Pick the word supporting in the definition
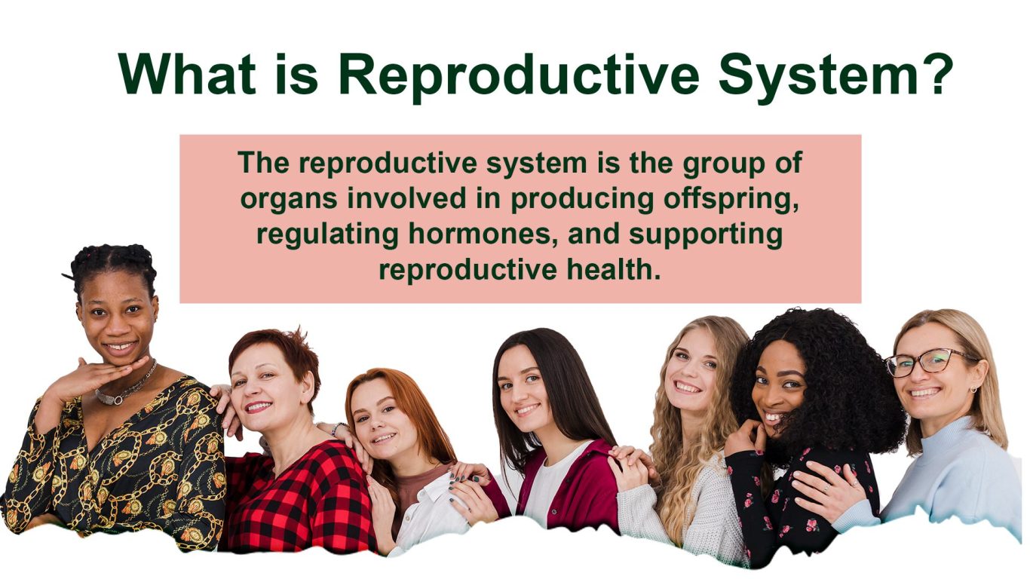coord(706,235)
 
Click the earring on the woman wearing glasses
coord(973,390)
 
